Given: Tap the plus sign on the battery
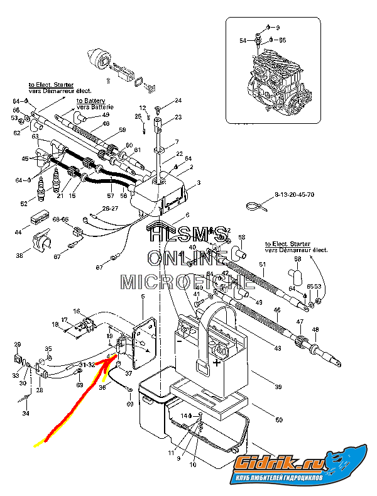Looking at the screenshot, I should pyautogui.click(x=217, y=363).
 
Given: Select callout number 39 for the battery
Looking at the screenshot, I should pyautogui.click(x=276, y=387).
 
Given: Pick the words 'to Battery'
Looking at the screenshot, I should pyautogui.click(x=90, y=101).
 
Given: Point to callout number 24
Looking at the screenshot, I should pyautogui.click(x=178, y=101).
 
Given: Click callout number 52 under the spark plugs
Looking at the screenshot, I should pyautogui.click(x=24, y=204).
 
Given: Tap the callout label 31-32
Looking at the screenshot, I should pyautogui.click(x=86, y=364).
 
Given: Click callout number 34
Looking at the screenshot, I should pyautogui.click(x=26, y=413).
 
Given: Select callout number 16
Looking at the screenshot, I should pyautogui.click(x=77, y=312).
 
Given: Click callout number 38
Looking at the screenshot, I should pyautogui.click(x=19, y=256).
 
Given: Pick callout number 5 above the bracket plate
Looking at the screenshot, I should pyautogui.click(x=143, y=296).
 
